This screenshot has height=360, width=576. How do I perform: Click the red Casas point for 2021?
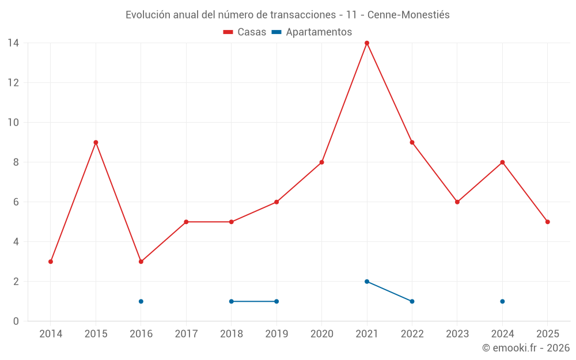[367, 43]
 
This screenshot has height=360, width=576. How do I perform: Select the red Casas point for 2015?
[96, 142]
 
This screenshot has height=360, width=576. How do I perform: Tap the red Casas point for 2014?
[51, 262]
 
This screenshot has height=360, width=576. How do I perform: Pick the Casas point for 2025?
[547, 222]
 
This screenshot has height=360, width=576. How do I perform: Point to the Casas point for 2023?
[457, 202]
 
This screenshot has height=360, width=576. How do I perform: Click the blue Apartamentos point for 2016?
[141, 301]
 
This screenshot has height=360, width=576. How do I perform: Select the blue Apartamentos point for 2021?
[367, 282]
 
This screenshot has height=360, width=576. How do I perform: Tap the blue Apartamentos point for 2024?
[502, 301]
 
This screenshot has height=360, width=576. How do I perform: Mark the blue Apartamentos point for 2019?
[276, 301]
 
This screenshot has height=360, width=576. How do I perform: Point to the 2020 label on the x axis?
[322, 334]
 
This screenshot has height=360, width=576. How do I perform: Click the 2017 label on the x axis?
[186, 334]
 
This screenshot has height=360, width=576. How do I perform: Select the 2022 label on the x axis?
[412, 334]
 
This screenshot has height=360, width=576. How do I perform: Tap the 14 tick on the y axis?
[13, 43]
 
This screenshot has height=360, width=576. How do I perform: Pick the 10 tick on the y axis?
[13, 122]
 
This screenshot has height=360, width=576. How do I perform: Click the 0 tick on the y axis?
[16, 321]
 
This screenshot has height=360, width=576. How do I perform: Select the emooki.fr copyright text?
[526, 348]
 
